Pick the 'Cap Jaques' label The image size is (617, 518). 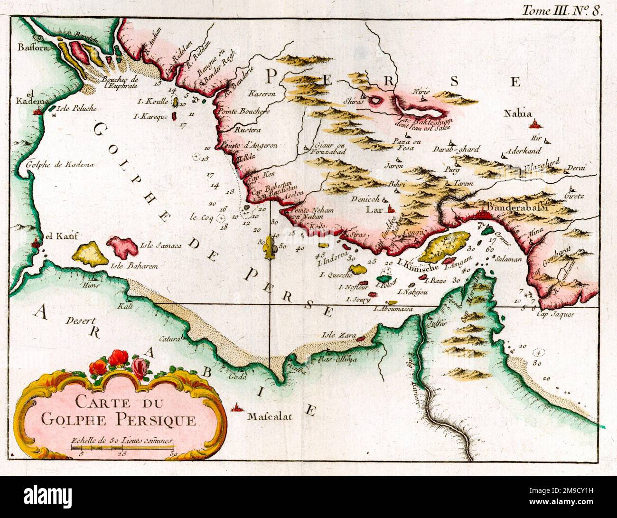pos(555,314)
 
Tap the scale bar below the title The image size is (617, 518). pos(122,448)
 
